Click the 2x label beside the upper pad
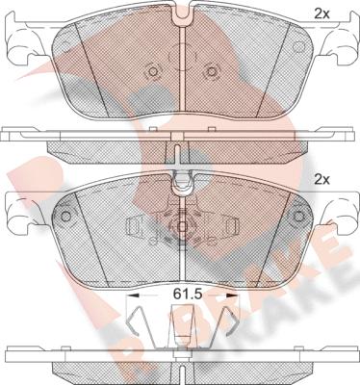click(x=321, y=14)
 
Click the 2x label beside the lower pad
click(x=321, y=180)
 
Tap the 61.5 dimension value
click(x=187, y=294)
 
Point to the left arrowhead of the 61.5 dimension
click(x=132, y=295)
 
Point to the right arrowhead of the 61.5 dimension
click(x=232, y=295)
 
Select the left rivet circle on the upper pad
click(x=153, y=71)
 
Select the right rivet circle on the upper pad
click(x=212, y=71)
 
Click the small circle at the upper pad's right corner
click(x=298, y=47)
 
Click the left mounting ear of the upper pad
click(x=20, y=43)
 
